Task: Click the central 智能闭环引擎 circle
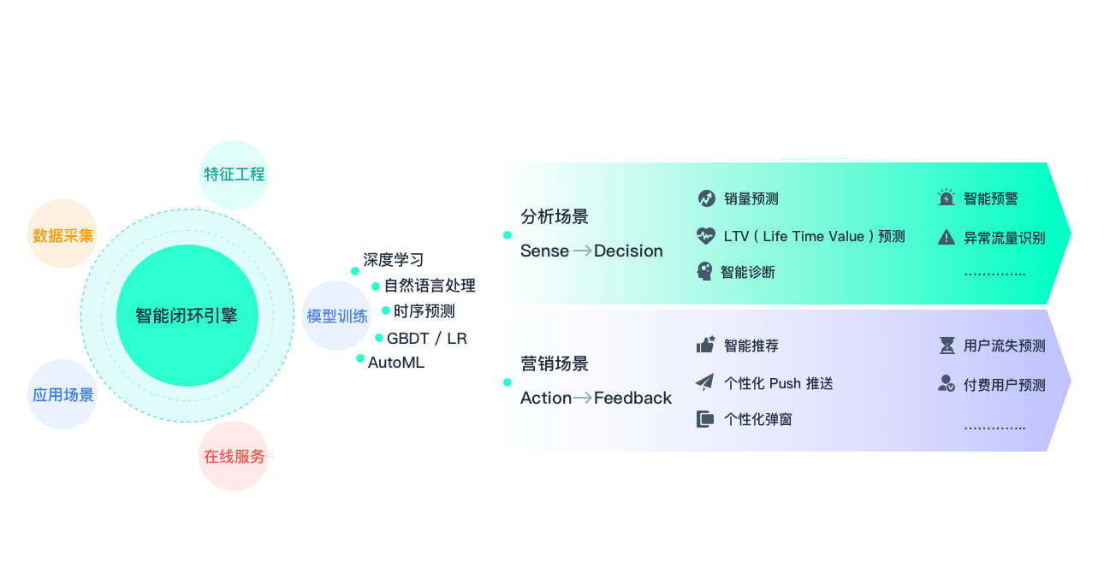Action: click(x=187, y=316)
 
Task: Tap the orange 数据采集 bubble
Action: click(x=62, y=233)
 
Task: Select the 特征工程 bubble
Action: click(x=234, y=175)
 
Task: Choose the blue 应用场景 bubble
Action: click(x=62, y=394)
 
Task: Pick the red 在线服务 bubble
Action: click(x=234, y=456)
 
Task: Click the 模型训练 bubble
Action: click(x=336, y=316)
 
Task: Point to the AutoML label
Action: click(x=395, y=363)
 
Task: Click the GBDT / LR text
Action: click(x=427, y=339)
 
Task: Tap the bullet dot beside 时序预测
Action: click(x=386, y=310)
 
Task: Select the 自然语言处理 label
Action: click(x=430, y=286)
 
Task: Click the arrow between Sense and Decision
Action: click(x=582, y=251)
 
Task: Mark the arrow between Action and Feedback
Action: click(x=582, y=398)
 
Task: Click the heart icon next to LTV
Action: click(x=706, y=236)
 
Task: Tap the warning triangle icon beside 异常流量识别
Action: click(x=947, y=238)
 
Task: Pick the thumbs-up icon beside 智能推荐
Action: click(x=706, y=345)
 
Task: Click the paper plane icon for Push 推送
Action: click(x=705, y=382)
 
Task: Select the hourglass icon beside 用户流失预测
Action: click(x=947, y=346)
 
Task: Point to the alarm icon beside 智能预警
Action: click(x=947, y=198)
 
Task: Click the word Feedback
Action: click(x=632, y=398)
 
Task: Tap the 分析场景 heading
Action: click(x=555, y=216)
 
